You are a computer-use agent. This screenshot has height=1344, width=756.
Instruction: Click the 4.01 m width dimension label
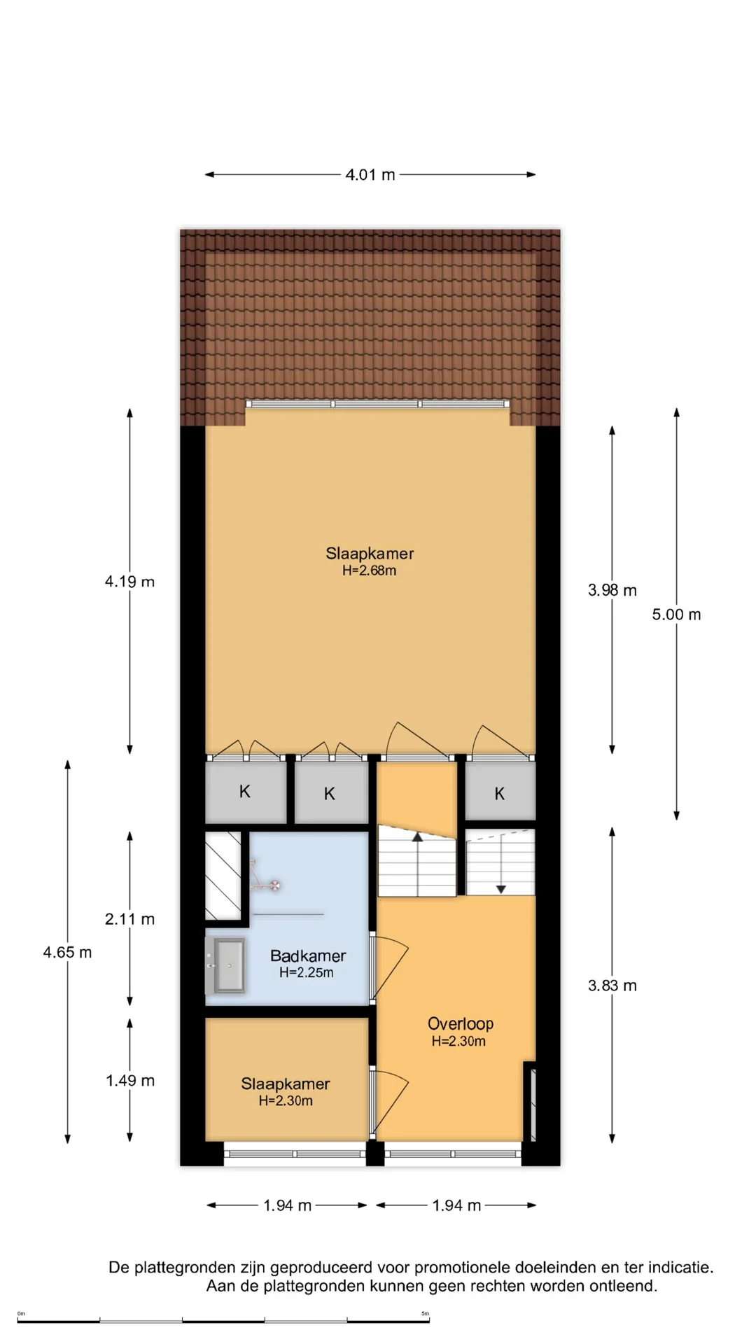(370, 174)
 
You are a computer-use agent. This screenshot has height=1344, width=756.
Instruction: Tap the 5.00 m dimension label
(676, 615)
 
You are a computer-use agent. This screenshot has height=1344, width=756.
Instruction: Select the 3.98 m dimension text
(612, 590)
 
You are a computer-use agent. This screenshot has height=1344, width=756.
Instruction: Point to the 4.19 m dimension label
(129, 582)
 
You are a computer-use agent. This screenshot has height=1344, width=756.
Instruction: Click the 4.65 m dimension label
(67, 952)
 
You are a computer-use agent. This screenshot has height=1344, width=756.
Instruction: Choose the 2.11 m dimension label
(129, 919)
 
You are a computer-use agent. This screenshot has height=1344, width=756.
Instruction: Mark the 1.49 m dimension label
(130, 1080)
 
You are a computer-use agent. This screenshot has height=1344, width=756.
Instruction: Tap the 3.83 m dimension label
(612, 986)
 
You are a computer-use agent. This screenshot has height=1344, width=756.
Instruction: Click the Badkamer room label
(308, 955)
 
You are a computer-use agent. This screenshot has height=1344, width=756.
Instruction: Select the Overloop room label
(461, 1023)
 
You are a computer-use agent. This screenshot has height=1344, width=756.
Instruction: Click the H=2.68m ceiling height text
(369, 570)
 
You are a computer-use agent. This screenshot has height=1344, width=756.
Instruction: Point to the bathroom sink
(225, 966)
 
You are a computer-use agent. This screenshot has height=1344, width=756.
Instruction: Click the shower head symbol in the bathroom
(275, 885)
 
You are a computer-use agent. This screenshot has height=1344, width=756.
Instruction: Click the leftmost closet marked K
(245, 792)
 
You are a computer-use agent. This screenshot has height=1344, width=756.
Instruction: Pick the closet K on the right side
(500, 793)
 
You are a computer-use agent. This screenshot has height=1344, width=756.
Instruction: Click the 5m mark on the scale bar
(426, 1313)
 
